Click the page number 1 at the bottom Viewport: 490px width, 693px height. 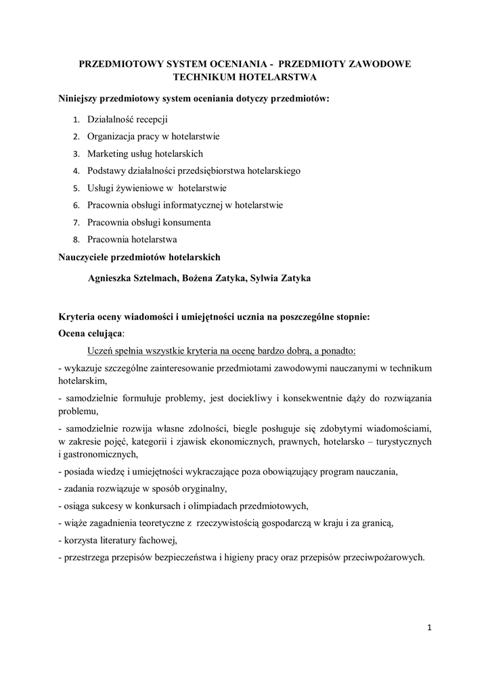[429, 627]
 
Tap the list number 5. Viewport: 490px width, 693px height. [76, 188]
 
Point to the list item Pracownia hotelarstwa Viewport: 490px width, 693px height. [132, 240]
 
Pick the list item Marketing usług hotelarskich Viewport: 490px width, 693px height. [145, 154]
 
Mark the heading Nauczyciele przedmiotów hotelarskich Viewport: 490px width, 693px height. [139, 257]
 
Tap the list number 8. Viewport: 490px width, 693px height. [76, 240]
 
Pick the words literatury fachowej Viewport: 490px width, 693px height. [138, 540]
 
